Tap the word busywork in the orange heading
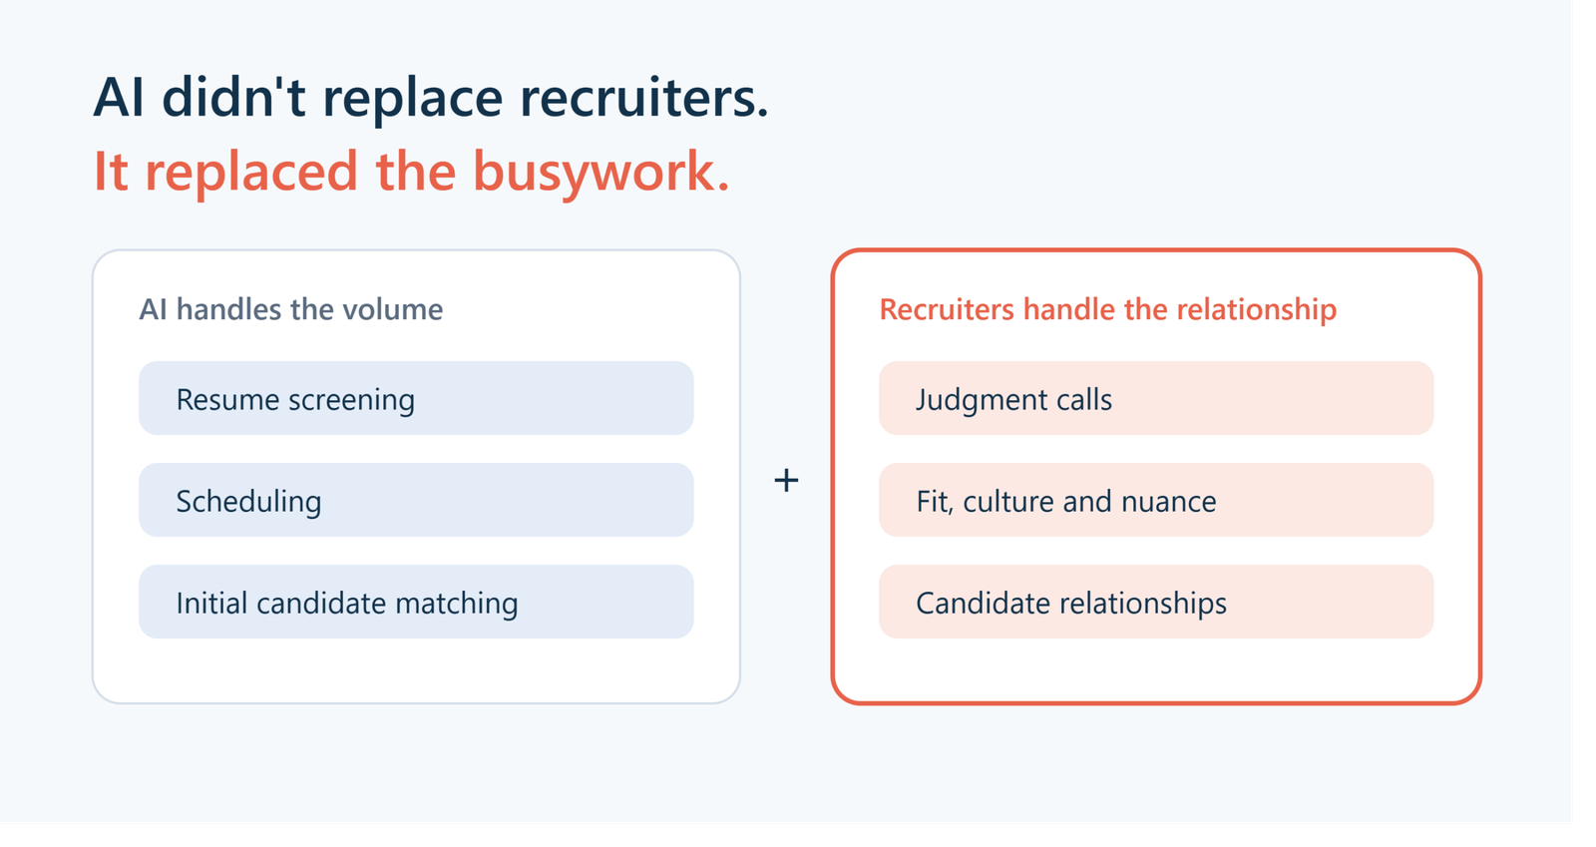point(601,174)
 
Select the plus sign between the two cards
point(786,480)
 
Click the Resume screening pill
point(416,398)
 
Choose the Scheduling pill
point(416,500)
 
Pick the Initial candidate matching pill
point(416,602)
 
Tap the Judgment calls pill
point(1156,398)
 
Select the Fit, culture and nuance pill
point(1156,500)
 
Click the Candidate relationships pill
point(1156,602)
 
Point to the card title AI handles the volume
point(290,310)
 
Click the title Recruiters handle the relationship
point(1108,310)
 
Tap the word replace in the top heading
point(413,100)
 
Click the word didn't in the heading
point(233,96)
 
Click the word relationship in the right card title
point(1257,310)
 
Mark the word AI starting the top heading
point(119,97)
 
